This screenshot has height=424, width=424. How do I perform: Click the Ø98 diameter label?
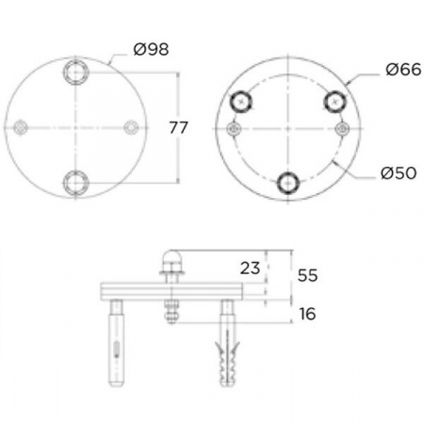click(x=151, y=49)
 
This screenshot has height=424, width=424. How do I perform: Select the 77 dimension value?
click(x=178, y=127)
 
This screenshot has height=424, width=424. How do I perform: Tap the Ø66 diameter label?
click(x=403, y=70)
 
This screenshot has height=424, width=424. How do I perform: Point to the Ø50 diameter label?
click(x=399, y=173)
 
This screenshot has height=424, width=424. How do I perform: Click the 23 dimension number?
click(x=250, y=269)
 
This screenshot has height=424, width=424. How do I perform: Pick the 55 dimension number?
click(x=307, y=275)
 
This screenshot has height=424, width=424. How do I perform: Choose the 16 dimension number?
click(x=307, y=314)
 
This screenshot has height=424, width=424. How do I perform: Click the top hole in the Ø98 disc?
click(x=75, y=73)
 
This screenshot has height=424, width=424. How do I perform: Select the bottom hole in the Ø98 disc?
click(x=75, y=183)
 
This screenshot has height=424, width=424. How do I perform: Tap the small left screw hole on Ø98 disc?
click(x=21, y=127)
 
